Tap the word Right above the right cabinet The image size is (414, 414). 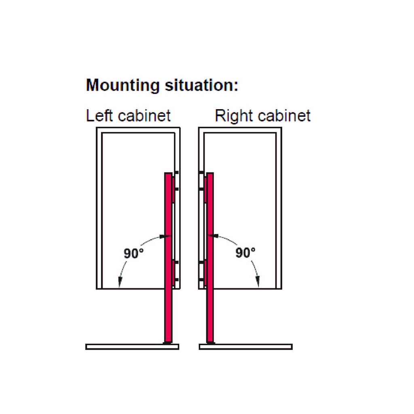[x=233, y=116]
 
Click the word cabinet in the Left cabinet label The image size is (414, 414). [x=144, y=116]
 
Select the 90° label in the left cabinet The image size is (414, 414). [x=134, y=253]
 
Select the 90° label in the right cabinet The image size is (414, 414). [x=245, y=253]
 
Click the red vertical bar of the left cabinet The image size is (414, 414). [x=168, y=259]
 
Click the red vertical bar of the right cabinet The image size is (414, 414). [x=210, y=259]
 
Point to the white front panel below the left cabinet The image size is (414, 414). [x=132, y=346]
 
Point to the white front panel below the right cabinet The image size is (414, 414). [x=246, y=346]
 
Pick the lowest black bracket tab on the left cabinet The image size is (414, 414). [x=176, y=279]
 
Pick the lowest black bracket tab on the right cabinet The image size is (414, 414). [x=201, y=279]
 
